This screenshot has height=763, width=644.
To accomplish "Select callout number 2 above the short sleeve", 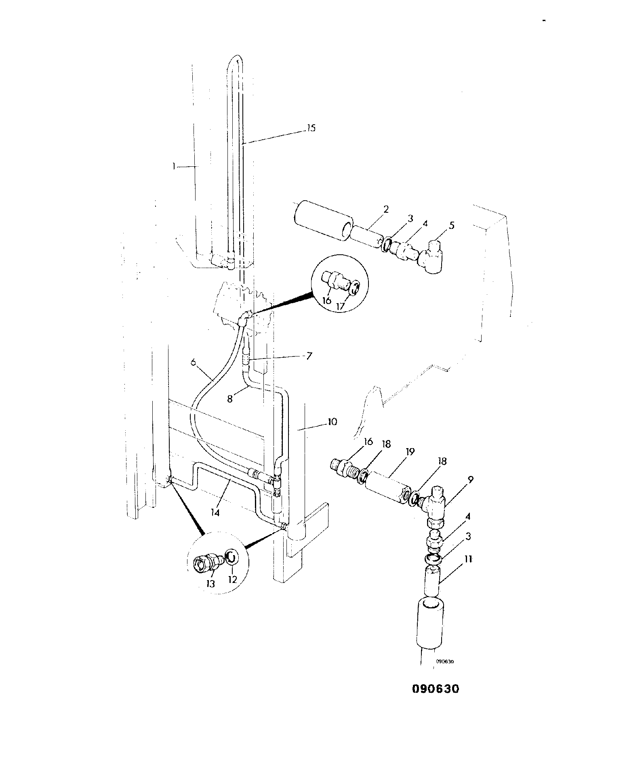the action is coord(386,209).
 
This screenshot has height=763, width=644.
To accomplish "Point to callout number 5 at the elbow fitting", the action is coord(451,225).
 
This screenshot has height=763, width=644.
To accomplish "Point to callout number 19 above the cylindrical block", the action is coord(410,451).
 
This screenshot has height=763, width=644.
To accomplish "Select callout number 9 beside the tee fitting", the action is coord(471,480).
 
